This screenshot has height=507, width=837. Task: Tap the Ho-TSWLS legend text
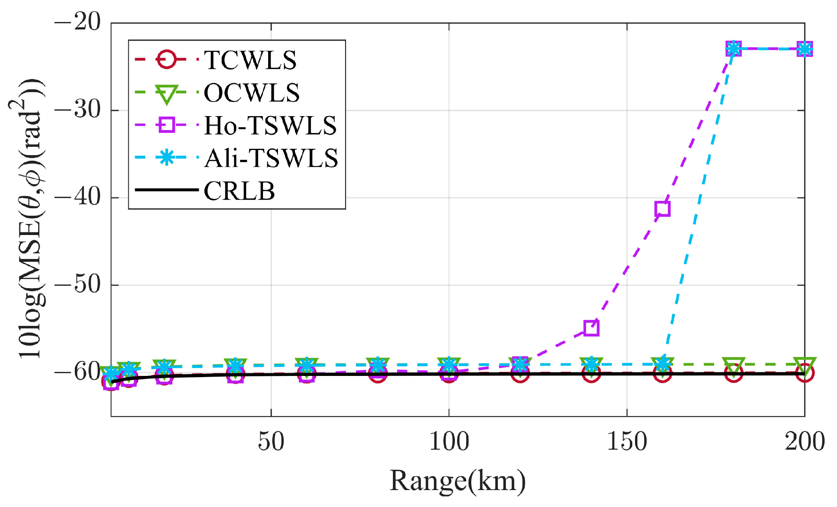(x=270, y=126)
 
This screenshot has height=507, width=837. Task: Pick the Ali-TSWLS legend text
(x=271, y=158)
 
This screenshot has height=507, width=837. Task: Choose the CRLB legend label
(x=239, y=191)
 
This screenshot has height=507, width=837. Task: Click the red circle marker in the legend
(x=167, y=60)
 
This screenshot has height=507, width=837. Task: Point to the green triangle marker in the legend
(x=167, y=94)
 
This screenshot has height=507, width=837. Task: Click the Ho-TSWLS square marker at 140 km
(x=591, y=328)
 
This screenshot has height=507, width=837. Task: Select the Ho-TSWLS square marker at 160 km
(x=663, y=209)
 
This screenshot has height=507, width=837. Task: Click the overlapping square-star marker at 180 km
(x=733, y=49)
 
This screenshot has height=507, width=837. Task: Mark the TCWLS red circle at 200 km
(x=804, y=373)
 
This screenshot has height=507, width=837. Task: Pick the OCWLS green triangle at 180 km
(x=733, y=366)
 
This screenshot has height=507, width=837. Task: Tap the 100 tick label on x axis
(x=449, y=441)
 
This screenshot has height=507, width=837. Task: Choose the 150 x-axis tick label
(x=627, y=441)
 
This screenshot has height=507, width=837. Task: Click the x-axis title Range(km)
(x=457, y=481)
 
